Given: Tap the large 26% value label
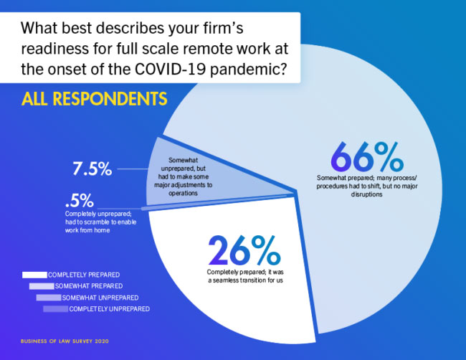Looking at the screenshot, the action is coord(244,250).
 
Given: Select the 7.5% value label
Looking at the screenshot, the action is coord(92,169).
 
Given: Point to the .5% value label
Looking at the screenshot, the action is coord(80,200).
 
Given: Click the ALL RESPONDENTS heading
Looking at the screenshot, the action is coord(94,99).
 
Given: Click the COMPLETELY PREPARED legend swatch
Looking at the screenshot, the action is coord(34,275).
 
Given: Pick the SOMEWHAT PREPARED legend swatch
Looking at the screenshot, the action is coord(42,286).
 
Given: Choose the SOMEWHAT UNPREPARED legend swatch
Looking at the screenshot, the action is coord(49,298).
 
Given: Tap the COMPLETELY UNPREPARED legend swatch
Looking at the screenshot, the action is coord(56,309).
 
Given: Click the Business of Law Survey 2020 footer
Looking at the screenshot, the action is coord(65,341).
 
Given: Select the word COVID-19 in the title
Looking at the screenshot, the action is coord(170,69).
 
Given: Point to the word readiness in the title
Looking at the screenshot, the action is coord(55,49).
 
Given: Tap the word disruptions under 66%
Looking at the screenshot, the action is coord(366,194).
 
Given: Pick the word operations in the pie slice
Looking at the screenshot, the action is coord(183,193).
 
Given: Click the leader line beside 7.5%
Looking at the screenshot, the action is coord(133,169).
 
